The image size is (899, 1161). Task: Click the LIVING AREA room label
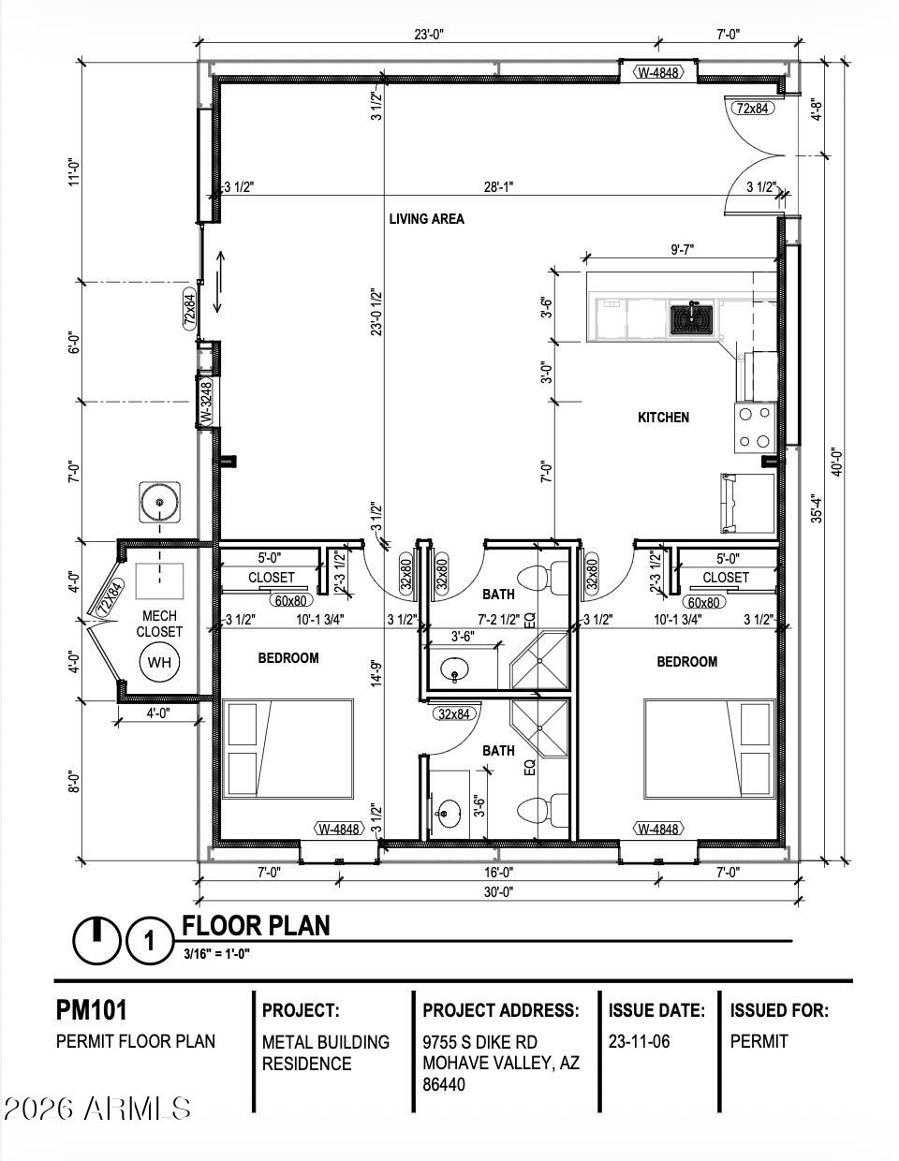point(426,218)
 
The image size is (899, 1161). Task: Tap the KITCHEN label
point(663,418)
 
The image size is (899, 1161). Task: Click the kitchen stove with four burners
point(755,428)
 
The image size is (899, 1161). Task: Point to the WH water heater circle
point(159,662)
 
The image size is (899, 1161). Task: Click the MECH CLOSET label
point(159,624)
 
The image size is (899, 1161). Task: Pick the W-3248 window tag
point(206,401)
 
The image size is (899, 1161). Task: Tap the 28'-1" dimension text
point(498,186)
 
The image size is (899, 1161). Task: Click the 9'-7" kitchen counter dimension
point(682,249)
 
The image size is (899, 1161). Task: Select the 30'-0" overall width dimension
point(499,891)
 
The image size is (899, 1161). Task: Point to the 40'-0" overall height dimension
point(836,463)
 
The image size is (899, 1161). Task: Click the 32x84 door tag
point(453,713)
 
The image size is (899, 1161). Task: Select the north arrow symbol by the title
point(97,940)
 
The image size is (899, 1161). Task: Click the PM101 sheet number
point(92,1010)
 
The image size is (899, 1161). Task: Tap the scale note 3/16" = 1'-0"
point(217,954)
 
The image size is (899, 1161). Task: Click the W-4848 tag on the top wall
point(658,72)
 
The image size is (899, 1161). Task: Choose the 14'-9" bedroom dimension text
point(377,673)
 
